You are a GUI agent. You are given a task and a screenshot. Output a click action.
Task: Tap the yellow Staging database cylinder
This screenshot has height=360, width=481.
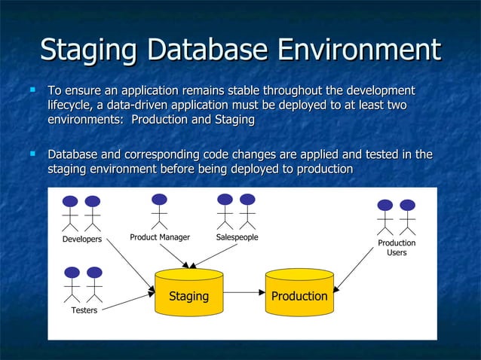[x=188, y=291]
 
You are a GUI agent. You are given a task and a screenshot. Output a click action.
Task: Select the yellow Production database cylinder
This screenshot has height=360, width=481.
[x=299, y=291]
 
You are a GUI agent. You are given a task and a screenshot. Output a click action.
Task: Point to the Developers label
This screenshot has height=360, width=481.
[x=81, y=239]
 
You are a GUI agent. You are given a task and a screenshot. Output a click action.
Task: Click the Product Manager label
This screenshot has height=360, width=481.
[x=160, y=237]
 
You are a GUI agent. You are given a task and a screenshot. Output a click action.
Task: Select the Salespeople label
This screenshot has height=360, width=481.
[x=237, y=237]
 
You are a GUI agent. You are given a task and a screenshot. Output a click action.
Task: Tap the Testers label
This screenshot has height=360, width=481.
[x=84, y=310]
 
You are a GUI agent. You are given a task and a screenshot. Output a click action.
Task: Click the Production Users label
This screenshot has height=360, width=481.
[x=397, y=248]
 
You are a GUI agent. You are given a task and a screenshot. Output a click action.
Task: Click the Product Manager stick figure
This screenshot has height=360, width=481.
[x=159, y=211]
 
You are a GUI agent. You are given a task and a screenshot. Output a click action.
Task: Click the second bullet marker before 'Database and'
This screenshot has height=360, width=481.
[x=32, y=154]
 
